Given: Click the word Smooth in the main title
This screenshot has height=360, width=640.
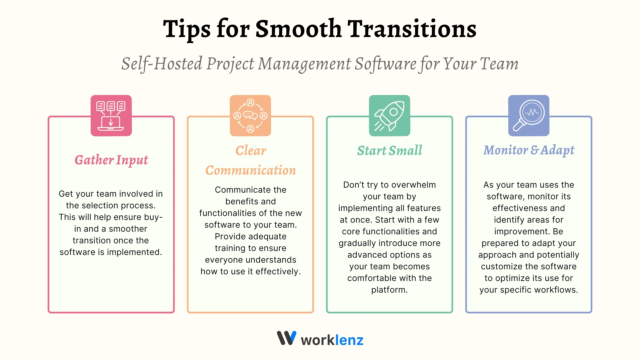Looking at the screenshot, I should coord(298,29).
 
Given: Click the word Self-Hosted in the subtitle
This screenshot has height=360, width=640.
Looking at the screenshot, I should coord(162,63).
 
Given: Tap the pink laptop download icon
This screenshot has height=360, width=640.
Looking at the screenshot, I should coord(111,116).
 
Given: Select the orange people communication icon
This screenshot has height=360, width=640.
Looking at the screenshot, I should coord(250,116).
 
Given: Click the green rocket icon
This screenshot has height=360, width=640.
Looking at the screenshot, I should coord(389,116).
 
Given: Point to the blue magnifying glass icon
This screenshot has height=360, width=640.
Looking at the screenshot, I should coord(529,116).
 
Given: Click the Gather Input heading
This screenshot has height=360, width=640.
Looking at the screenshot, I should coord(111,160).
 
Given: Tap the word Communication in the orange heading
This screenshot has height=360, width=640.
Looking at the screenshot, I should coord(250,170).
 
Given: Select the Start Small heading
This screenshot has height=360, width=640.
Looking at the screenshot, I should coord(389,150).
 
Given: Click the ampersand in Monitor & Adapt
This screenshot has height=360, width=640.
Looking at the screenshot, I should coord(535,150).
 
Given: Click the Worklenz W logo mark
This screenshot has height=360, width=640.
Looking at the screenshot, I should coord(286,338).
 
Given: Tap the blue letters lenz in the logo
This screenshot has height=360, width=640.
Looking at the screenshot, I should coord(349,340).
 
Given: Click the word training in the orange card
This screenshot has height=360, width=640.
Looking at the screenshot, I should coord(230,248).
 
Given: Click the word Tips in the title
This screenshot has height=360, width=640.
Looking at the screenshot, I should coord(187,29).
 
